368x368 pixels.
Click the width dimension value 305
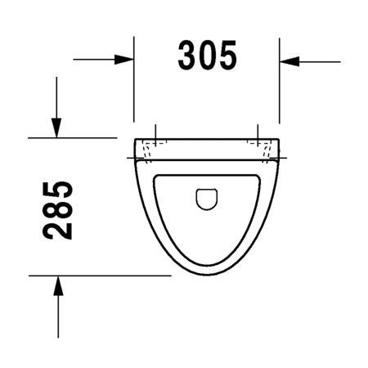pyautogui.click(x=207, y=56)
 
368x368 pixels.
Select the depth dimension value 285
pyautogui.click(x=58, y=210)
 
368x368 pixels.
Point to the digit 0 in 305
pyautogui.click(x=207, y=56)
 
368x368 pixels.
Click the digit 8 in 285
pyautogui.click(x=58, y=210)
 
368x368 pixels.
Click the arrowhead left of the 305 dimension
pyautogui.click(x=125, y=60)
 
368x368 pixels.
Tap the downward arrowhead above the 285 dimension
pyautogui.click(x=56, y=127)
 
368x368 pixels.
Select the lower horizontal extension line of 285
pyautogui.click(x=98, y=276)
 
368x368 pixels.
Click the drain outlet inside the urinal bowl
pyautogui.click(x=207, y=199)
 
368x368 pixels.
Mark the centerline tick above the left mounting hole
pyautogui.click(x=155, y=131)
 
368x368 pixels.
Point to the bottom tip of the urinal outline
pyautogui.click(x=206, y=275)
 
